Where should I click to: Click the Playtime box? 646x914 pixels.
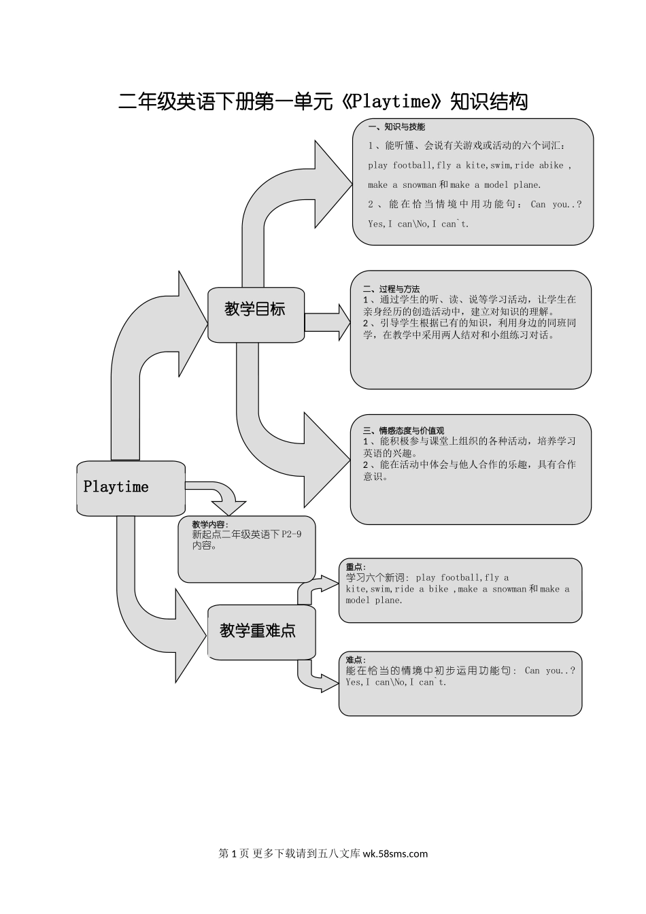[130, 487]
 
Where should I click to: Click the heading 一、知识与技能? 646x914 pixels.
[396, 126]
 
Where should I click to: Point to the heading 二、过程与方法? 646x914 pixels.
[392, 289]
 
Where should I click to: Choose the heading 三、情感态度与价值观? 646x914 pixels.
[403, 430]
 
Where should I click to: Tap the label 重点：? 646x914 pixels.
[356, 567]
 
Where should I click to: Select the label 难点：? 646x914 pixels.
[356, 660]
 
